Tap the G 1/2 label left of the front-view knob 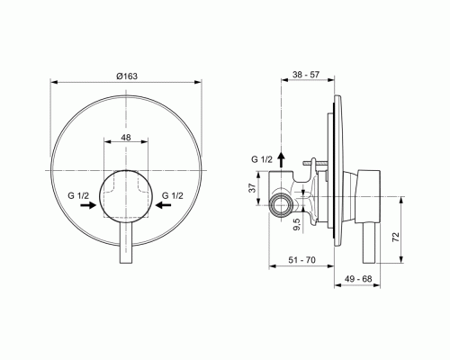pos(77,193)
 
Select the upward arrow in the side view pos(281,159)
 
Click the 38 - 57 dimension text pos(307,79)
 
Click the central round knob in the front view pos(126,193)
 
